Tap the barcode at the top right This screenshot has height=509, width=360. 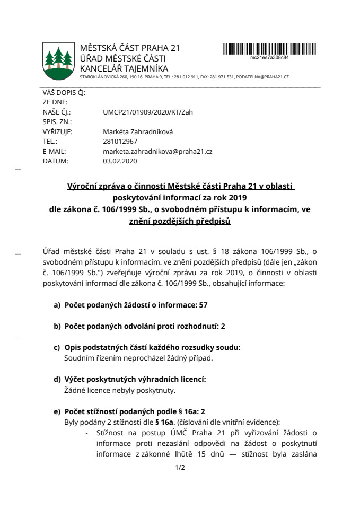(269, 49)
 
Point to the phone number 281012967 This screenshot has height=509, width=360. (120, 141)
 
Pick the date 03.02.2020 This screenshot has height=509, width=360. (120, 160)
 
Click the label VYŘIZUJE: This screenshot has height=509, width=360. (57, 131)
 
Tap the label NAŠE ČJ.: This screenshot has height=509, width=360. (56, 112)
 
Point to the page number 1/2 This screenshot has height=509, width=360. (179, 468)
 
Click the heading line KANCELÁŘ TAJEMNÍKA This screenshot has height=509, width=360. (124, 68)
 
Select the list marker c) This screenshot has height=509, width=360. (56, 347)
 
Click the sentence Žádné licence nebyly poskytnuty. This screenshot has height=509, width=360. (119, 391)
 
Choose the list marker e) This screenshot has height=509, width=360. (56, 411)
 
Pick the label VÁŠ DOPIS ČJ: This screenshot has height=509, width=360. (63, 93)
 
